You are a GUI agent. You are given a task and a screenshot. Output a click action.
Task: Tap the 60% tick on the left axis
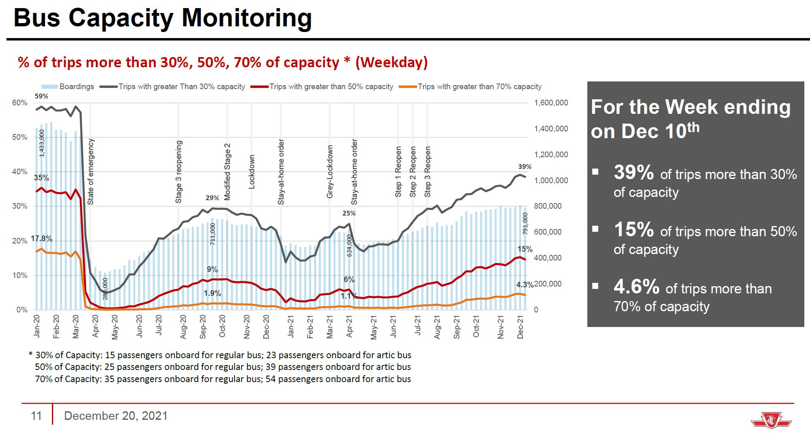click(19, 103)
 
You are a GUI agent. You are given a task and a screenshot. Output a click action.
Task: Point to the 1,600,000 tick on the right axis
click(551, 103)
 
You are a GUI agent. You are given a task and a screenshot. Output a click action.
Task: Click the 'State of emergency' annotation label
click(90, 171)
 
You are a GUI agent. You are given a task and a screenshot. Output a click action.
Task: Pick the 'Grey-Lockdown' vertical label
click(330, 171)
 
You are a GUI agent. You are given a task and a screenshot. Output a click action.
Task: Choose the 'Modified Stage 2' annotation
click(227, 171)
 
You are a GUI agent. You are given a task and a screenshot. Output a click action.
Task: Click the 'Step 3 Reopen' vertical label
click(428, 171)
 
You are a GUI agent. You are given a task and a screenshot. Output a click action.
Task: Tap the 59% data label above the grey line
click(41, 96)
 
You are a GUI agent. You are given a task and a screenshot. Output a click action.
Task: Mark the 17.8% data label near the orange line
click(41, 239)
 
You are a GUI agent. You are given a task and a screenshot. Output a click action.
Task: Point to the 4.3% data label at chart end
click(525, 285)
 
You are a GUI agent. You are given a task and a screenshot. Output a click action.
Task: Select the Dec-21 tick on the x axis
click(520, 327)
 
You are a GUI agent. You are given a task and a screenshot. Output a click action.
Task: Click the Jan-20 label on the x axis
click(37, 326)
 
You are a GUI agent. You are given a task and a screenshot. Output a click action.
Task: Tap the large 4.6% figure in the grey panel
click(636, 286)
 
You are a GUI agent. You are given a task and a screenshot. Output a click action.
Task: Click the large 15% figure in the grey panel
click(634, 229)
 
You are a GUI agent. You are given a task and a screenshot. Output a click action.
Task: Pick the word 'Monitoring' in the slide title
click(247, 18)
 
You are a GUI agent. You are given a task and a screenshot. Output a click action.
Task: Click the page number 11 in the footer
click(37, 416)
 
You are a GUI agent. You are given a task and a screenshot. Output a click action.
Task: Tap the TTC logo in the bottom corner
click(771, 421)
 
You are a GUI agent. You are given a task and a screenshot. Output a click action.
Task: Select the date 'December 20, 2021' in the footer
click(116, 416)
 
